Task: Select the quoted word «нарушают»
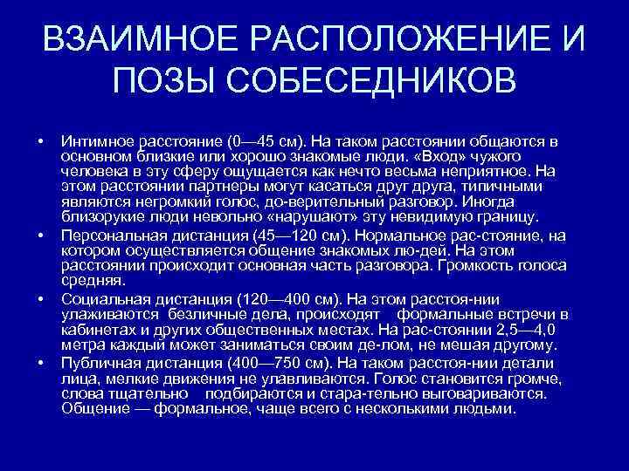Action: click(x=314, y=216)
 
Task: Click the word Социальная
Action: click(x=101, y=297)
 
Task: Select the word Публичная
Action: click(x=97, y=361)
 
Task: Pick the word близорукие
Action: click(x=100, y=216)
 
